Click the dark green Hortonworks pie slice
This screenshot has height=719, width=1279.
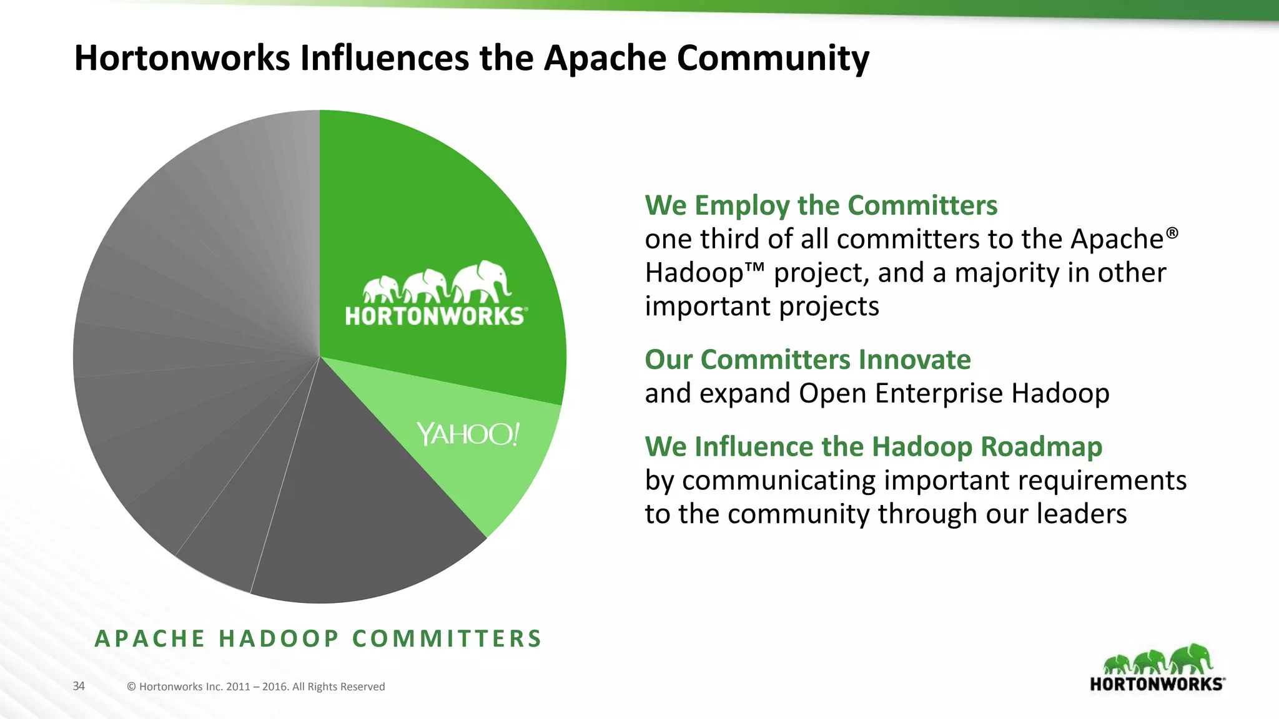437,206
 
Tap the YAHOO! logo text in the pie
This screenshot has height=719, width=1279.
468,434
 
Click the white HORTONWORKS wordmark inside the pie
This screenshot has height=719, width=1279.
435,316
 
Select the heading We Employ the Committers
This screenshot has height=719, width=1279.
821,205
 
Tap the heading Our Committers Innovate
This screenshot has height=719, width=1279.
807,359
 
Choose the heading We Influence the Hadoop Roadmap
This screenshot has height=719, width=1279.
873,447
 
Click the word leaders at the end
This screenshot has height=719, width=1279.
1082,514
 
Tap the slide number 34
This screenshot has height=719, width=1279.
79,686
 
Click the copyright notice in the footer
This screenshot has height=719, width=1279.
255,687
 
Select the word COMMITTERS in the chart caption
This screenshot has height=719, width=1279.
447,638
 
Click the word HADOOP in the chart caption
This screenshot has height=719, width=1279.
279,638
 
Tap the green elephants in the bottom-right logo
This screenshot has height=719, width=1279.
1157,660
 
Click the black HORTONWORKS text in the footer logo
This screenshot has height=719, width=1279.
1157,684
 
